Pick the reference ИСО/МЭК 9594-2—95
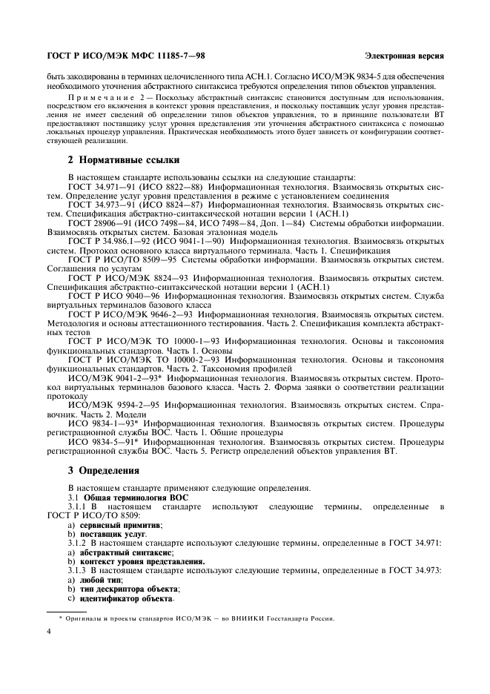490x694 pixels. tap(112, 406)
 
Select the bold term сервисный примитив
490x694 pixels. tap(119, 525)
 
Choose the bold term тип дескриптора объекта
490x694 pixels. tap(128, 589)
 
